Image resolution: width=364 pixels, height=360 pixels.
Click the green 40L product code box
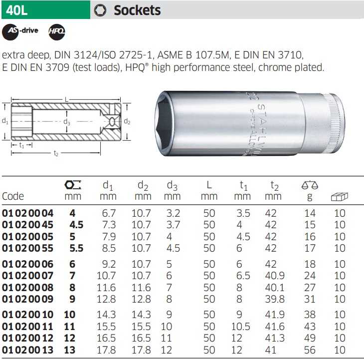[x=46, y=10]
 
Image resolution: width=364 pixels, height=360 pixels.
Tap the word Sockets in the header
[x=137, y=10]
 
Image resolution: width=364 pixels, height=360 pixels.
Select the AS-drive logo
[x=20, y=32]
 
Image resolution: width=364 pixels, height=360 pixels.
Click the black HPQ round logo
[x=57, y=32]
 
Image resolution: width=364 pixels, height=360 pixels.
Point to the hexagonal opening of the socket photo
[x=164, y=123]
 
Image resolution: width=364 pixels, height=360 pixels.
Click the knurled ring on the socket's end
[x=337, y=123]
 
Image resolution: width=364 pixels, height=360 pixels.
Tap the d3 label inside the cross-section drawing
[x=67, y=121]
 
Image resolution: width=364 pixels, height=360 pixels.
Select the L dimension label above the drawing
[x=67, y=100]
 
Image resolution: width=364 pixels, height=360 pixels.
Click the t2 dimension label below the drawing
[x=56, y=153]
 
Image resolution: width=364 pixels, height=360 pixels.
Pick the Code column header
[x=13, y=196]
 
